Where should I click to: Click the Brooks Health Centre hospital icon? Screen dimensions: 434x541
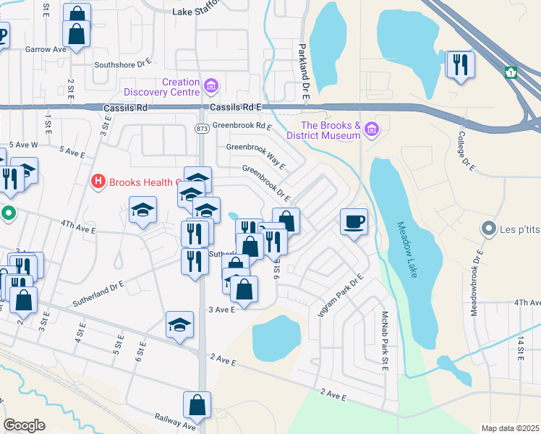click(98, 182)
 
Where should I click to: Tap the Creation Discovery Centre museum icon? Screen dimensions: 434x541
click(211, 88)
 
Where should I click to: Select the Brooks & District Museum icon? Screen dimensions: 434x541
click(372, 129)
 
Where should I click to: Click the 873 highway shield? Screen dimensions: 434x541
click(201, 128)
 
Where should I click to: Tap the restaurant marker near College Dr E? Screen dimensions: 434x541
click(460, 66)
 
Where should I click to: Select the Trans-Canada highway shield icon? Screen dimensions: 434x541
click(511, 72)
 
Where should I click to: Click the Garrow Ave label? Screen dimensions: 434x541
click(46, 49)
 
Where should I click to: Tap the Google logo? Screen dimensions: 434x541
click(24, 425)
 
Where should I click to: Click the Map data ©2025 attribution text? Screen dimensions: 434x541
click(509, 428)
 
